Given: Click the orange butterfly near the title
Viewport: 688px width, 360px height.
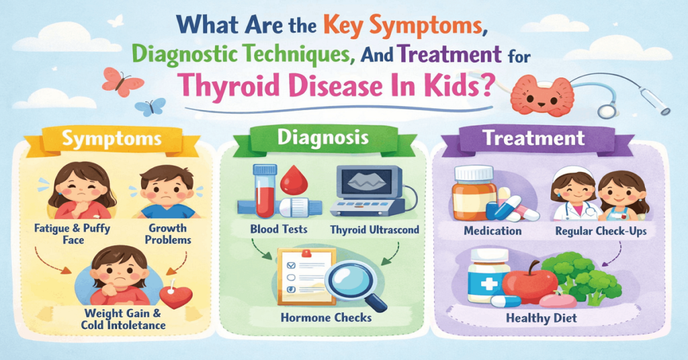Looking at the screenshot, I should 122,81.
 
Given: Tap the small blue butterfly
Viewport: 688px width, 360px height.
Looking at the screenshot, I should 151,107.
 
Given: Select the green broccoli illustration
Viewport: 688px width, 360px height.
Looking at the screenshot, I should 576,276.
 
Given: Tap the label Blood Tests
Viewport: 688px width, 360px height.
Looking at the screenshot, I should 278,229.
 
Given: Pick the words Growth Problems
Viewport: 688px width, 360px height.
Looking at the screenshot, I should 166,234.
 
